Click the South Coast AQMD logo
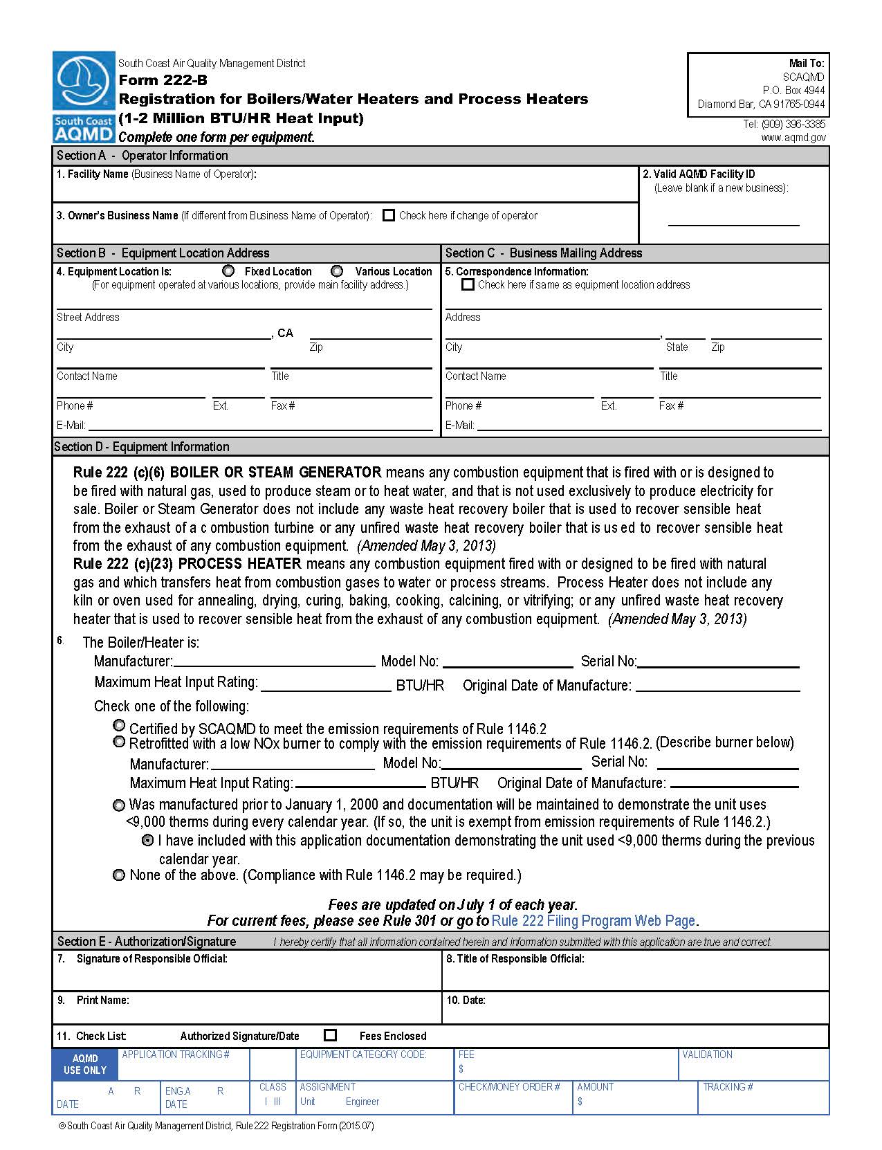pyautogui.click(x=84, y=96)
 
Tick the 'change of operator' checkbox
pyautogui.click(x=389, y=215)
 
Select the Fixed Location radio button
pyautogui.click(x=229, y=271)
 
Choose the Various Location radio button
pyautogui.click(x=337, y=271)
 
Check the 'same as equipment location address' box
pyautogui.click(x=468, y=284)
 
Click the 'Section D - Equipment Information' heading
pyautogui.click(x=142, y=447)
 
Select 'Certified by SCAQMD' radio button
pyautogui.click(x=119, y=726)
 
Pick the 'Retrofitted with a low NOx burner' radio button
pyautogui.click(x=119, y=742)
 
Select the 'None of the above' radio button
pyautogui.click(x=119, y=875)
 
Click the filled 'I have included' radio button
pyautogui.click(x=147, y=840)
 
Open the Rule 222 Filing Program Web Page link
pyautogui.click(x=593, y=921)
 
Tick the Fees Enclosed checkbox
pyautogui.click(x=331, y=1035)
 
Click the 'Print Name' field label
pyautogui.click(x=102, y=1000)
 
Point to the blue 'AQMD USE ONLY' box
pyautogui.click(x=85, y=1064)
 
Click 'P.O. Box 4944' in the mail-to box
pyautogui.click(x=793, y=91)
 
